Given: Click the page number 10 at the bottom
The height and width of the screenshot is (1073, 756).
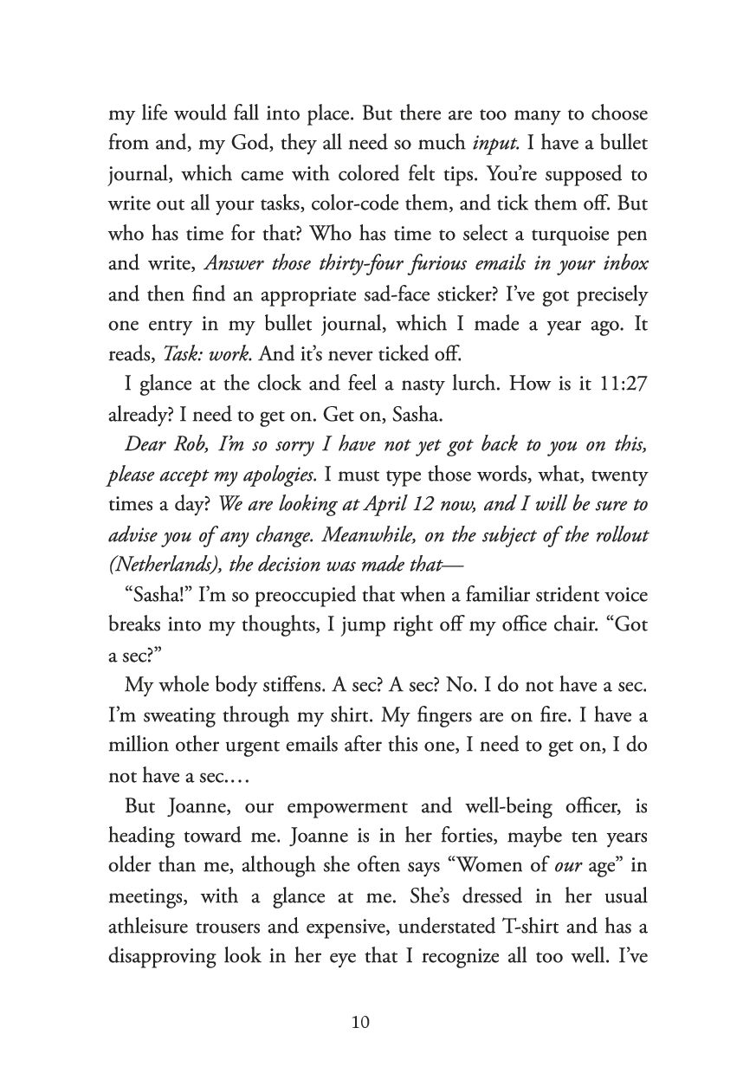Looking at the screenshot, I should coord(361,1023).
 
